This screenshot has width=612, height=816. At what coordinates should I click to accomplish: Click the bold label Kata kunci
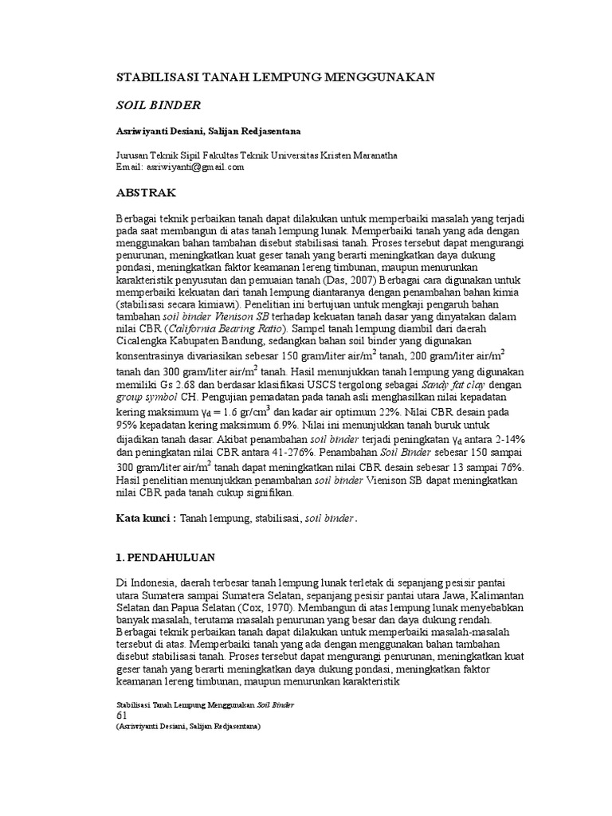tap(144, 519)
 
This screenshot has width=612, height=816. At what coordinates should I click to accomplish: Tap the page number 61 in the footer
tap(122, 716)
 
